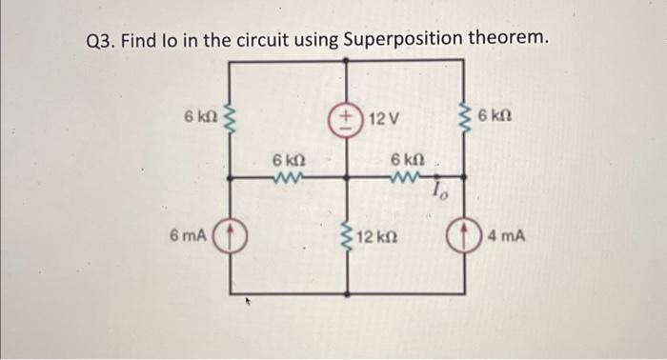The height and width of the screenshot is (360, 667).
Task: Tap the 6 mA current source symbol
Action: [x=232, y=234]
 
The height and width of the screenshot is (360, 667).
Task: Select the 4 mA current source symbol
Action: [x=466, y=234]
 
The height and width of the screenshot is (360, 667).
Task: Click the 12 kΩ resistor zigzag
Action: [x=346, y=234]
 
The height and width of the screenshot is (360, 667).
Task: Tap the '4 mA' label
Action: [x=510, y=234]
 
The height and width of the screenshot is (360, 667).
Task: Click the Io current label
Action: [x=439, y=192]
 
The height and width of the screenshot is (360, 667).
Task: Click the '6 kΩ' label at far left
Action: [x=201, y=117]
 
